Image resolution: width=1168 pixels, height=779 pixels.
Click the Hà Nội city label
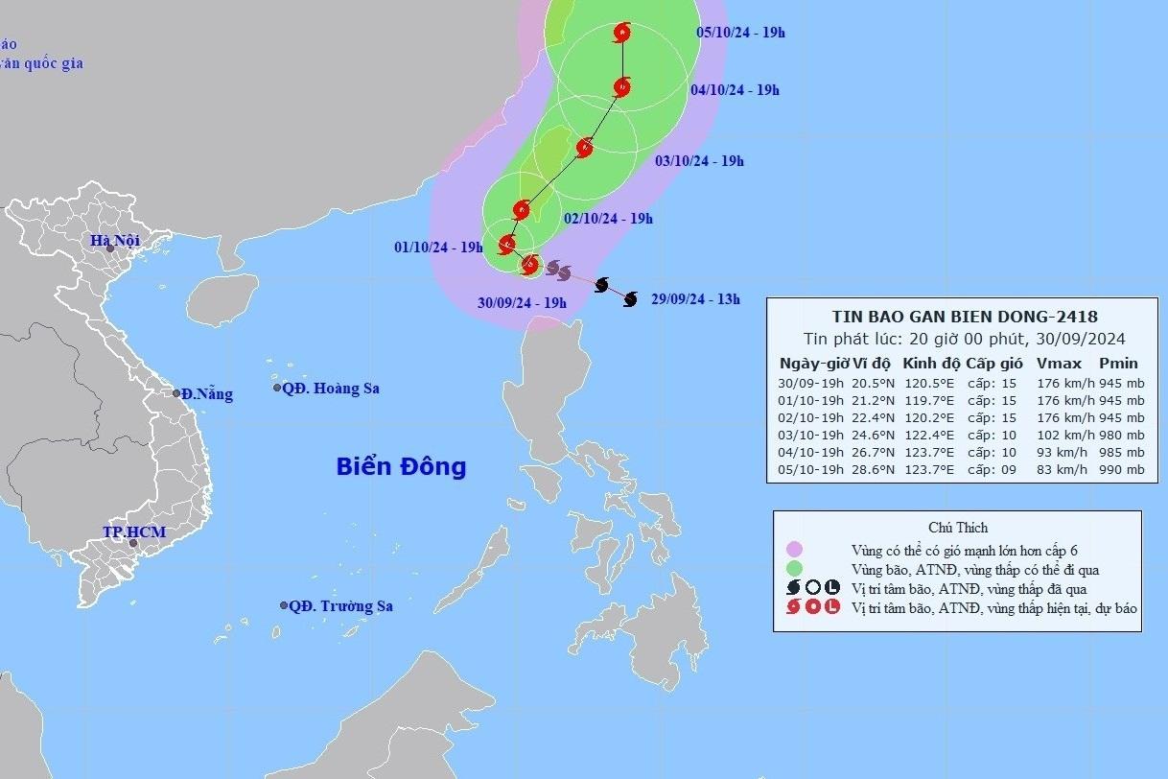pyautogui.click(x=115, y=241)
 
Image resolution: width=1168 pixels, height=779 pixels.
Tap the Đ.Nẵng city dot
pyautogui.click(x=177, y=393)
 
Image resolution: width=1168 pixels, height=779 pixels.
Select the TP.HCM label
pyautogui.click(x=134, y=531)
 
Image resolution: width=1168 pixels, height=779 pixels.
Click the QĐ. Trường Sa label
pyautogui.click(x=340, y=606)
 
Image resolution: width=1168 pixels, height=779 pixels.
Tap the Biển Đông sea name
pyautogui.click(x=401, y=467)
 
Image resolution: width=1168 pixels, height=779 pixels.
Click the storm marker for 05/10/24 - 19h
pyautogui.click(x=623, y=33)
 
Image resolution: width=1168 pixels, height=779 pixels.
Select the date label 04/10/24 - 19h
pyautogui.click(x=735, y=90)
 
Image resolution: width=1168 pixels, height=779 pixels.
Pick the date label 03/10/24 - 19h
pyautogui.click(x=699, y=161)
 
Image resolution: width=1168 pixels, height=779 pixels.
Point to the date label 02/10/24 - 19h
pyautogui.click(x=608, y=219)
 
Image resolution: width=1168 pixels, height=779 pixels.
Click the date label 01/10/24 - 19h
pyautogui.click(x=438, y=248)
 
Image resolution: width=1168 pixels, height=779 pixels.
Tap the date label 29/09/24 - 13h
pyautogui.click(x=695, y=299)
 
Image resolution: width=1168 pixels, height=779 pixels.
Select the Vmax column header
pyautogui.click(x=1059, y=364)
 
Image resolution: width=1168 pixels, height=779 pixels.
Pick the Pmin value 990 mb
pyautogui.click(x=1121, y=470)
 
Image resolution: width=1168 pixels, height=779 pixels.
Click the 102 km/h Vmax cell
pyautogui.click(x=1059, y=435)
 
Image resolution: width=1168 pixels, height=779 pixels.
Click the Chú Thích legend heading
pyautogui.click(x=958, y=528)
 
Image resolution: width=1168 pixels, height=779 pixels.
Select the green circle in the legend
pyautogui.click(x=794, y=569)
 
